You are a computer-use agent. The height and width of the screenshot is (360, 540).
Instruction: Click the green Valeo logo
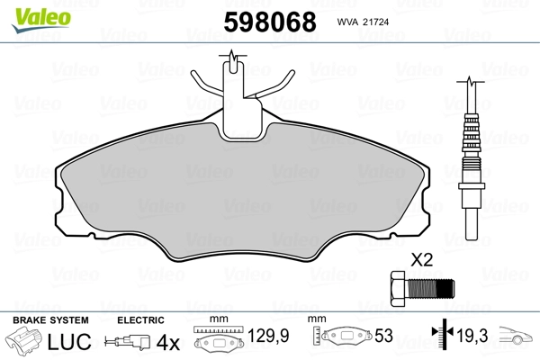click(x=41, y=20)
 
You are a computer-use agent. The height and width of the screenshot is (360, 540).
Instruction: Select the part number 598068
click(x=270, y=22)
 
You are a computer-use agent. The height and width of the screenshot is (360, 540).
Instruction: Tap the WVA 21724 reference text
click(x=363, y=22)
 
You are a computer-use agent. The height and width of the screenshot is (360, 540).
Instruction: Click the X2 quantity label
click(x=421, y=260)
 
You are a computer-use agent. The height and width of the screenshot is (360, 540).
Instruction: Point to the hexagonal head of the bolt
click(x=399, y=289)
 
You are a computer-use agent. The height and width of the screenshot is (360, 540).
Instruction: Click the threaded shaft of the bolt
click(x=430, y=289)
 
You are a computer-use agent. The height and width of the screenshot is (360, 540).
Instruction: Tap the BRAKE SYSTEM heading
click(x=50, y=320)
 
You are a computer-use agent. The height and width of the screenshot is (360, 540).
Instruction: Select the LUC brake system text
click(x=69, y=342)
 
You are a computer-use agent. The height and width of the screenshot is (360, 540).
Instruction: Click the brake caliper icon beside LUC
click(x=23, y=341)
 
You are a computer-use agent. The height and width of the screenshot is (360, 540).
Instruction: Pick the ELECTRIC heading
click(x=140, y=320)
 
